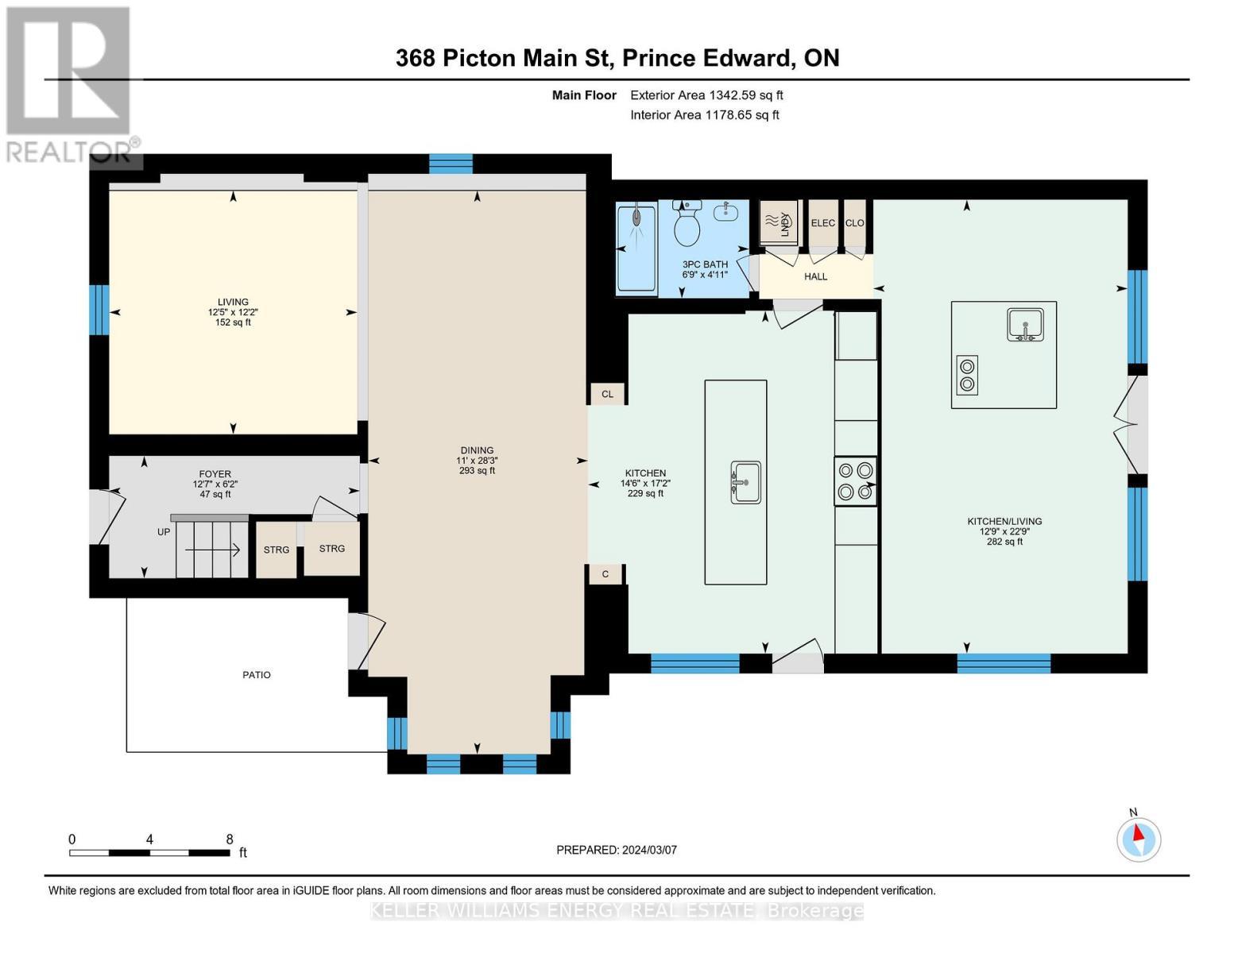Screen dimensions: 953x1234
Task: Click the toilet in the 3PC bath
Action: [687, 225]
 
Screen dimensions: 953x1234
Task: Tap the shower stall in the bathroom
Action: [636, 248]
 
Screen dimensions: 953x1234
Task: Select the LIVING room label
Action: [233, 302]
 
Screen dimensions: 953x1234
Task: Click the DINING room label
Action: [477, 450]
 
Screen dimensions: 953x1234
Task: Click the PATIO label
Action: [257, 675]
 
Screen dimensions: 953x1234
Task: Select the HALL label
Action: [815, 276]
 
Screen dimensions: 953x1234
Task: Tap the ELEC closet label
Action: [822, 223]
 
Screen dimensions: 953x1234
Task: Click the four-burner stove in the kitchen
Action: [855, 481]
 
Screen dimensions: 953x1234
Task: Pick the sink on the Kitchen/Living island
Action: [1026, 326]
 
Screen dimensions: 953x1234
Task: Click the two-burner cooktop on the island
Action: [967, 375]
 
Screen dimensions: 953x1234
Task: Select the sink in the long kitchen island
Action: [745, 482]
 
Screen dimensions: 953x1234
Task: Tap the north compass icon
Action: [1139, 838]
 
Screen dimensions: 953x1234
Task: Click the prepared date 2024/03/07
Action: [617, 850]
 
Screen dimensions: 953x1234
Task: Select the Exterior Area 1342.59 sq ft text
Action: [706, 95]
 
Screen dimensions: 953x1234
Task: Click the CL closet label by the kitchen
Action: [607, 394]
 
